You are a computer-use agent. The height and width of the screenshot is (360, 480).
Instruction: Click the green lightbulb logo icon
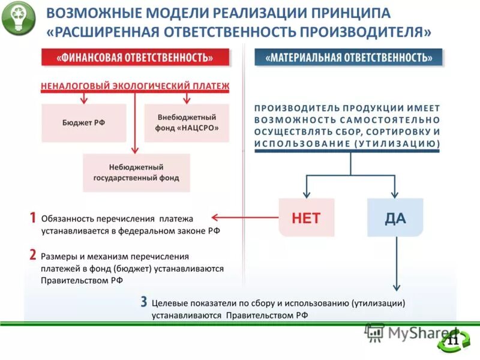pyautogui.click(x=18, y=19)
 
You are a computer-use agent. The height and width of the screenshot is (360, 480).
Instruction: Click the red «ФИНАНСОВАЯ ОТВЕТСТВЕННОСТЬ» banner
pyautogui.click(x=136, y=58)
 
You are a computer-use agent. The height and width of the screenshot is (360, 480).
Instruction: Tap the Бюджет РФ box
pyautogui.click(x=83, y=122)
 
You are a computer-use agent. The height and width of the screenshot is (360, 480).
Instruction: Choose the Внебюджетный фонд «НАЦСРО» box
pyautogui.click(x=187, y=122)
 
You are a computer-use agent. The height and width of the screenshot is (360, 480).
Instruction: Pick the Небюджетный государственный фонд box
pyautogui.click(x=136, y=173)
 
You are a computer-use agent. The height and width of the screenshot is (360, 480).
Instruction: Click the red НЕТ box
pyautogui.click(x=306, y=218)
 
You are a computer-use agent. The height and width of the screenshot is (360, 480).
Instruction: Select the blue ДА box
pyautogui.click(x=395, y=218)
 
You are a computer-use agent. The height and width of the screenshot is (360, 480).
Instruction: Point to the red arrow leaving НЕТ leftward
pyautogui.click(x=246, y=218)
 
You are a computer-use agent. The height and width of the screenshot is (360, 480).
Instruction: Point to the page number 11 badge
pyautogui.click(x=453, y=341)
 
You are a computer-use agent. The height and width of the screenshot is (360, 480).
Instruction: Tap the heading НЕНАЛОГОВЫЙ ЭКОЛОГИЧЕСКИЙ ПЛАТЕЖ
pyautogui.click(x=136, y=86)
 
